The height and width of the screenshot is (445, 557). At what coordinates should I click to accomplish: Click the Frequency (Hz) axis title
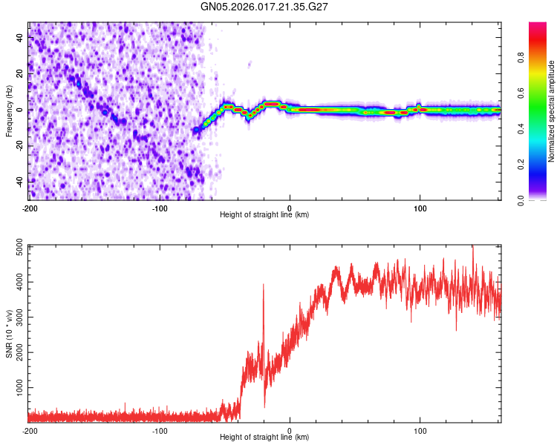click(9, 111)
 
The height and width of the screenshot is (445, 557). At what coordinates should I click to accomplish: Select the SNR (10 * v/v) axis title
click(9, 334)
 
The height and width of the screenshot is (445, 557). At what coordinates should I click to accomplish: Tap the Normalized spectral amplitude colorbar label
click(552, 111)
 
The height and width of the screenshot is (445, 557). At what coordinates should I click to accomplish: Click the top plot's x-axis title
click(264, 214)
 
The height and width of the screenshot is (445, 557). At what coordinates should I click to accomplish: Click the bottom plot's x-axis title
click(264, 437)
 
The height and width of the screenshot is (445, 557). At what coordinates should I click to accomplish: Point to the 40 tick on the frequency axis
click(22, 38)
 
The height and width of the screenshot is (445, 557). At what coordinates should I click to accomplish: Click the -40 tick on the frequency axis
click(20, 182)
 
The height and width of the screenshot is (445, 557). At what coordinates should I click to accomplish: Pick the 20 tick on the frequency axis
click(22, 74)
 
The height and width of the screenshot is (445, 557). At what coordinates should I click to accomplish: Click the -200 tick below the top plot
click(29, 207)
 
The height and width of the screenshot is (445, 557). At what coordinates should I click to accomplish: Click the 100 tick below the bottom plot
click(420, 429)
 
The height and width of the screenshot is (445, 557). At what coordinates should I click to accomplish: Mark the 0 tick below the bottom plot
click(290, 429)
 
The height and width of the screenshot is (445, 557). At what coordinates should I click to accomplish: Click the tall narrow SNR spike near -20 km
click(263, 286)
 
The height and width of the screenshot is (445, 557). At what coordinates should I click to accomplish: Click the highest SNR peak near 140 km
click(472, 248)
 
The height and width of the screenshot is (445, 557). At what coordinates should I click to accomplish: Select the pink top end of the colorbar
click(537, 27)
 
